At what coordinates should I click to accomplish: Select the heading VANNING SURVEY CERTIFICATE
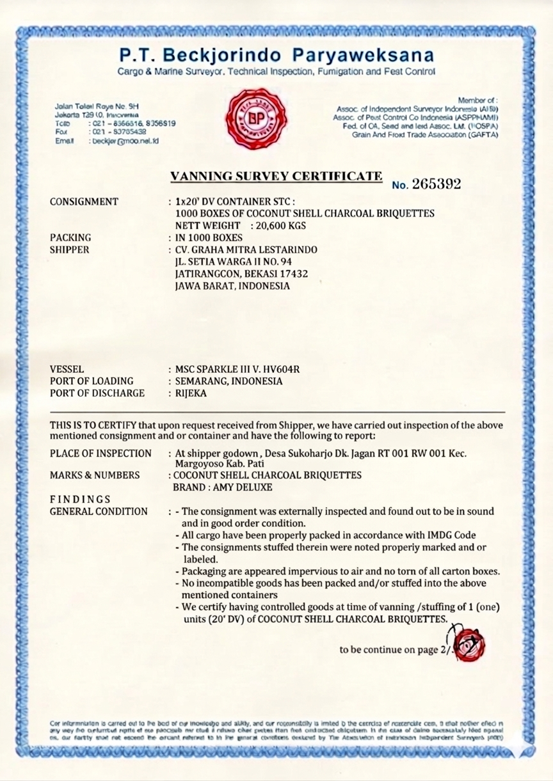(276, 175)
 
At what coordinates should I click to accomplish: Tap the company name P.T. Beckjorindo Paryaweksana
(276, 54)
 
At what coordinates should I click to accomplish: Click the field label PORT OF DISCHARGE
(97, 393)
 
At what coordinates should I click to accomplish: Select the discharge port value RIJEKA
(191, 393)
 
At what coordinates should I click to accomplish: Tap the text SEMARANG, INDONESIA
(228, 381)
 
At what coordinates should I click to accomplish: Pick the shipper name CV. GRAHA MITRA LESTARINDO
(246, 249)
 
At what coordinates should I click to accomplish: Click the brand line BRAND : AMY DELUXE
(223, 487)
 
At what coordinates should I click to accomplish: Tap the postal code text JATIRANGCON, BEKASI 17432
(242, 273)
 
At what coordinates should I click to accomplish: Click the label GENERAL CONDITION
(99, 511)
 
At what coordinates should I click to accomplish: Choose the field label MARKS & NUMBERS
(95, 475)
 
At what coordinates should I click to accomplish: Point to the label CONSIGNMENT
(84, 201)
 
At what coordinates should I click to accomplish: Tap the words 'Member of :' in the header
(477, 100)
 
